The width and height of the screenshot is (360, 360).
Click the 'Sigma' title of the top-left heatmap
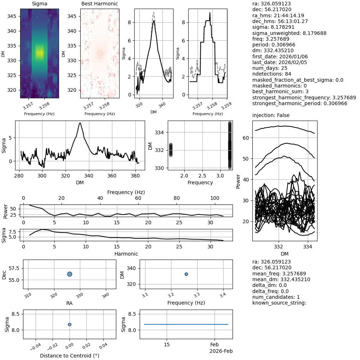pyautogui.click(x=40, y=4)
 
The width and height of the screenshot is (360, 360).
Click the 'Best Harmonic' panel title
pyautogui.click(x=100, y=4)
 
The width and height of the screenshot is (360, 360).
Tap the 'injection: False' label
pyautogui.click(x=271, y=115)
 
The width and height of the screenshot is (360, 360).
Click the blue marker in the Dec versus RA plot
pyautogui.click(x=69, y=274)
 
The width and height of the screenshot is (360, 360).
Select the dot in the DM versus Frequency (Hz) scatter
pyautogui.click(x=186, y=274)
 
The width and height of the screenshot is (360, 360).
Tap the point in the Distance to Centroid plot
pyautogui.click(x=69, y=324)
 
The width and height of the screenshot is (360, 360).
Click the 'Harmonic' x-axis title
pyautogui.click(x=126, y=254)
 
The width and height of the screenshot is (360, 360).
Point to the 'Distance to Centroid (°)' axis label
pyautogui.click(x=69, y=356)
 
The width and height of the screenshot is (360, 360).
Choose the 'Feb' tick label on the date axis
pyautogui.click(x=215, y=345)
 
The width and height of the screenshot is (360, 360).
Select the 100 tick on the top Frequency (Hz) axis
pyautogui.click(x=215, y=198)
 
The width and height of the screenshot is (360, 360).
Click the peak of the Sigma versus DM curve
pyautogui.click(x=80, y=123)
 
